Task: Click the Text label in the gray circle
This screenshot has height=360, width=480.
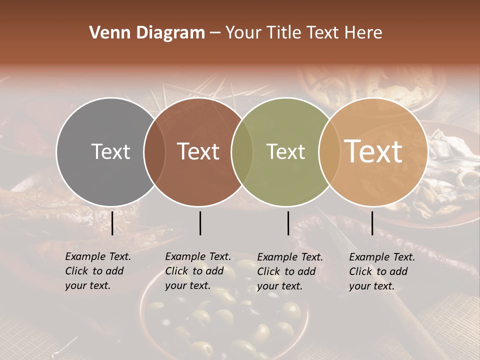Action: coord(110,151)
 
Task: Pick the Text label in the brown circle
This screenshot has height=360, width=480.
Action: coord(198,151)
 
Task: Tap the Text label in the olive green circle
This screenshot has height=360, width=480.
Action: coord(285,151)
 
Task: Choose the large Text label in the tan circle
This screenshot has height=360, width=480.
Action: coord(373,151)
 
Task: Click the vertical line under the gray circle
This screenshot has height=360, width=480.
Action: coord(112,223)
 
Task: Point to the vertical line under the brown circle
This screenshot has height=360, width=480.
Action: coord(200,223)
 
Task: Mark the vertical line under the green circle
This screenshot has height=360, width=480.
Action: coord(288,223)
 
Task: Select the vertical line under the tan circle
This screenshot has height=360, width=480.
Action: coord(372,223)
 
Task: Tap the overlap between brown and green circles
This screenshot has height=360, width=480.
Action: coord(242,151)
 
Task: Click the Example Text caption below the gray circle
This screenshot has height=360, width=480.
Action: coord(98,271)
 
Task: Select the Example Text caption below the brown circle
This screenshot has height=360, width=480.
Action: coord(198,271)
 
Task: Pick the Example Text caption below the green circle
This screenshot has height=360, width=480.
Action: coord(290,271)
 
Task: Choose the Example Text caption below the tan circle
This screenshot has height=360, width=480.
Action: coord(382,271)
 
